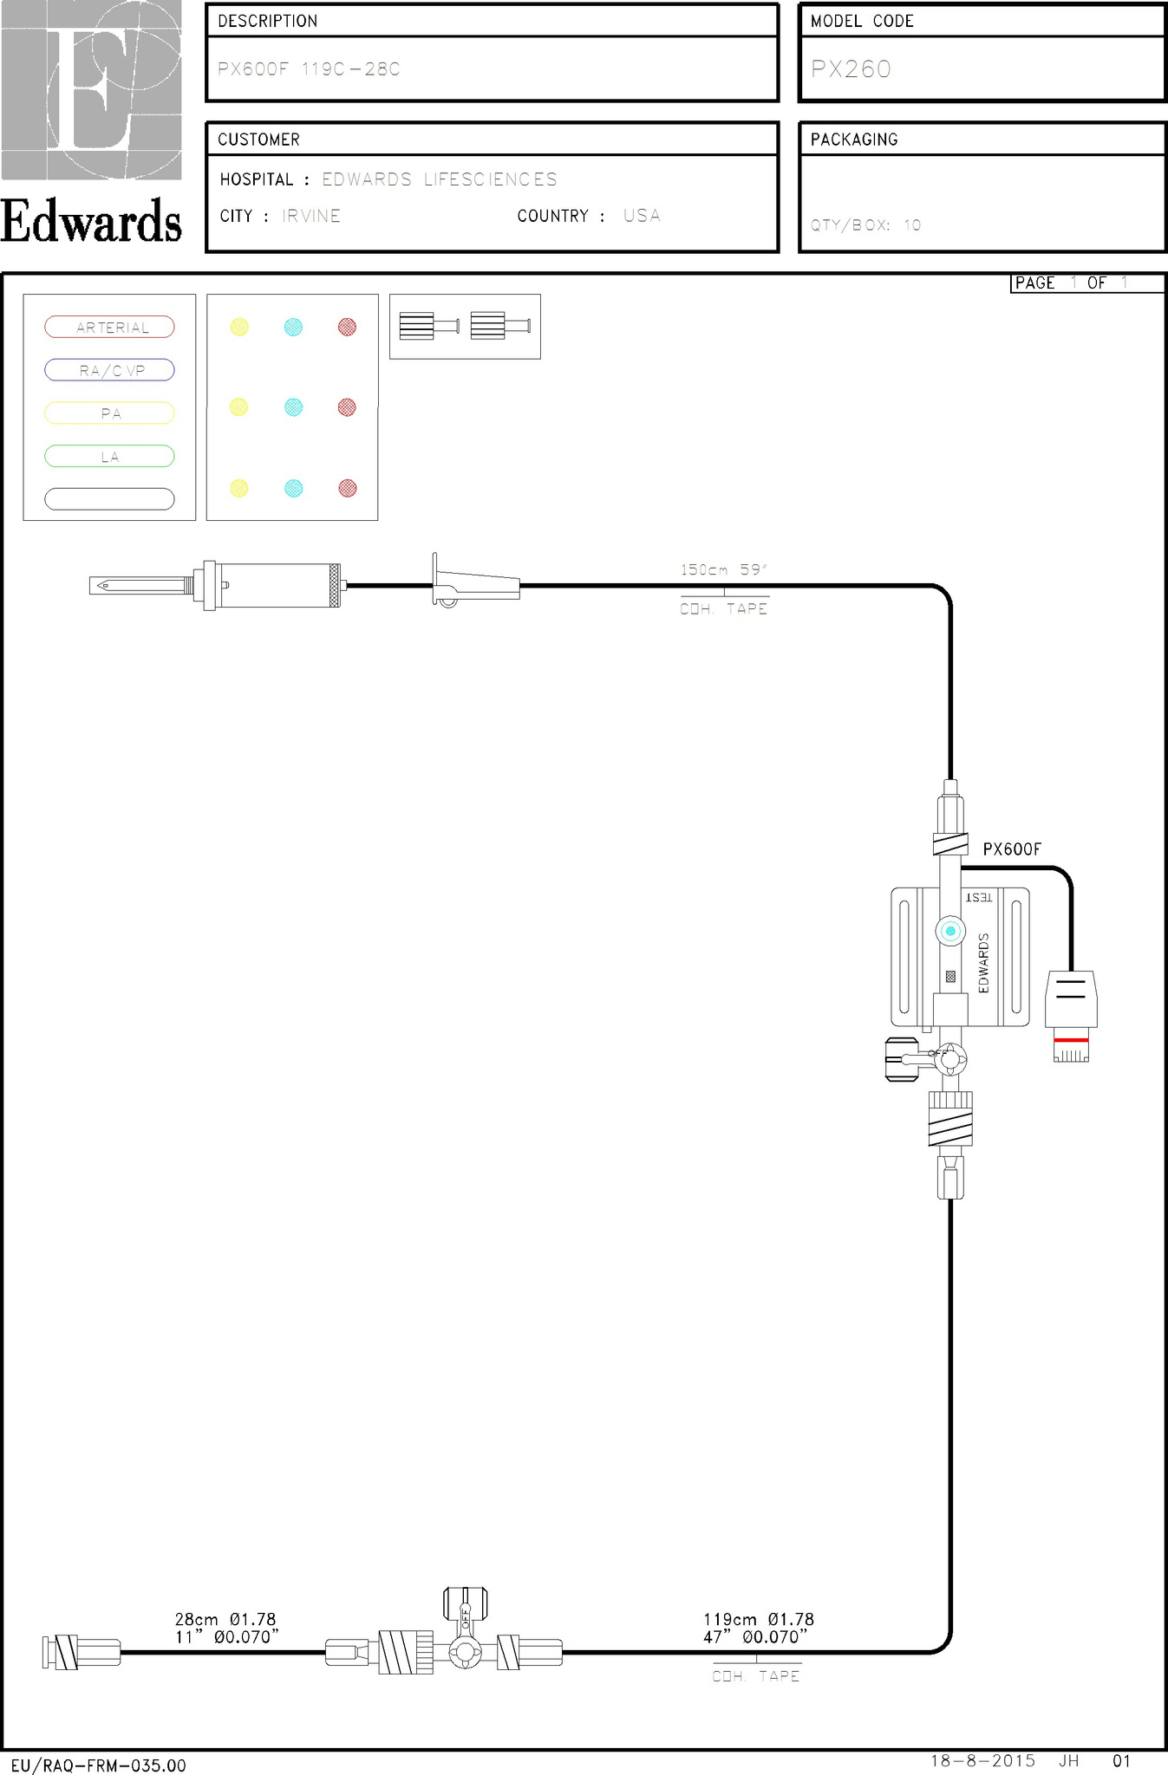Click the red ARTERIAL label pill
click(x=109, y=327)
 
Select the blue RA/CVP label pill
click(x=109, y=370)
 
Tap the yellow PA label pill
click(x=109, y=413)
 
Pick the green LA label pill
click(x=109, y=456)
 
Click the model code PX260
click(x=851, y=69)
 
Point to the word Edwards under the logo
click(x=91, y=221)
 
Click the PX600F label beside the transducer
click(x=1012, y=849)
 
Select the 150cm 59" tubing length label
click(x=724, y=569)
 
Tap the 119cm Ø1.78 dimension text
click(x=758, y=1619)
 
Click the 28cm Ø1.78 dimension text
click(x=225, y=1619)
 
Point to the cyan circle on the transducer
click(x=950, y=931)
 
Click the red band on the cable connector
click(x=1071, y=1039)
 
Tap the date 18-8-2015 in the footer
click(x=982, y=1760)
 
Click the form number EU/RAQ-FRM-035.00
click(x=98, y=1765)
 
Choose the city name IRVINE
click(x=311, y=216)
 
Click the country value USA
click(x=642, y=216)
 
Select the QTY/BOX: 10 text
click(x=865, y=225)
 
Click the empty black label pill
click(x=109, y=498)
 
